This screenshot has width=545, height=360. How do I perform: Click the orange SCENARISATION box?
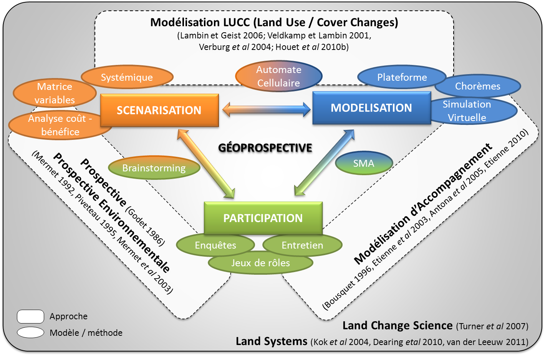[x=159, y=110]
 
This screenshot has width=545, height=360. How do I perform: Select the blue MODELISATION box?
[x=371, y=108]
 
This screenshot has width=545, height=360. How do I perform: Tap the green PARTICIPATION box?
[x=263, y=218]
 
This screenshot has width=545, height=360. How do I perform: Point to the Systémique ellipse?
[x=127, y=77]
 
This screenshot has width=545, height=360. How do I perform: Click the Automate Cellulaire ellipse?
[x=278, y=76]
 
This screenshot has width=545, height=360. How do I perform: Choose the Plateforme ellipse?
[x=402, y=77]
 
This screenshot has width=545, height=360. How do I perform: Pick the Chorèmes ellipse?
[x=478, y=86]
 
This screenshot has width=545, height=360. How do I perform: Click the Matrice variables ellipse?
[x=55, y=93]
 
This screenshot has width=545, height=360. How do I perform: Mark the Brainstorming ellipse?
[x=154, y=168]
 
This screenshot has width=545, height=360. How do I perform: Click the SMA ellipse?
[x=364, y=163]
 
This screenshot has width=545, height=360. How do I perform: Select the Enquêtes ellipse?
[x=215, y=245]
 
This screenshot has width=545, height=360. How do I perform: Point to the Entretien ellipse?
[x=302, y=245]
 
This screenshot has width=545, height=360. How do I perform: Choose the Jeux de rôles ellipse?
[x=260, y=263]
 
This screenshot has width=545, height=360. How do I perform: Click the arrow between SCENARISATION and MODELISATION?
[x=267, y=109]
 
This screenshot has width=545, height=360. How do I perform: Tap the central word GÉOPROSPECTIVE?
[x=265, y=148]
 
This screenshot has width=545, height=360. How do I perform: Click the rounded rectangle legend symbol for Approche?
[x=30, y=317]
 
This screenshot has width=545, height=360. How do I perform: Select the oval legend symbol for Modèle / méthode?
[x=30, y=332]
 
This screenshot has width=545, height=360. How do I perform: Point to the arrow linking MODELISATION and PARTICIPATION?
[x=324, y=163]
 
